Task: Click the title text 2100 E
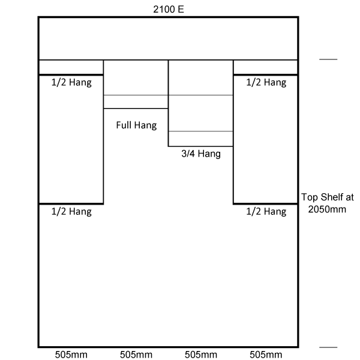click(169, 10)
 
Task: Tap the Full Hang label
click(136, 125)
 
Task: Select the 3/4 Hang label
click(201, 154)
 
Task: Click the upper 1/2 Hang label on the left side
click(71, 82)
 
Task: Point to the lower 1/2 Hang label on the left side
click(71, 211)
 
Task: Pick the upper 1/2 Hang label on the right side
click(266, 82)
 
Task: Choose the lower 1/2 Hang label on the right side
click(266, 211)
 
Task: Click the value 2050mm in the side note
click(327, 209)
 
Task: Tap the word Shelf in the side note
click(332, 197)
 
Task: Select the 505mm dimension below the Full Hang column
click(136, 355)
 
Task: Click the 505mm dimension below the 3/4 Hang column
click(201, 355)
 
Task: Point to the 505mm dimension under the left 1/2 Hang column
click(71, 355)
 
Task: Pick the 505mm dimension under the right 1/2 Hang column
click(266, 355)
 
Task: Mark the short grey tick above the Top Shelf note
click(328, 59)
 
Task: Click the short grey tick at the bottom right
click(328, 347)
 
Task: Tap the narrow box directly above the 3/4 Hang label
click(200, 139)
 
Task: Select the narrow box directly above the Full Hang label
click(136, 102)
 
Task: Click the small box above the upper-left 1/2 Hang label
click(71, 67)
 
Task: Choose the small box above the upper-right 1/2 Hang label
click(266, 67)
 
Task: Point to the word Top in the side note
click(310, 197)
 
